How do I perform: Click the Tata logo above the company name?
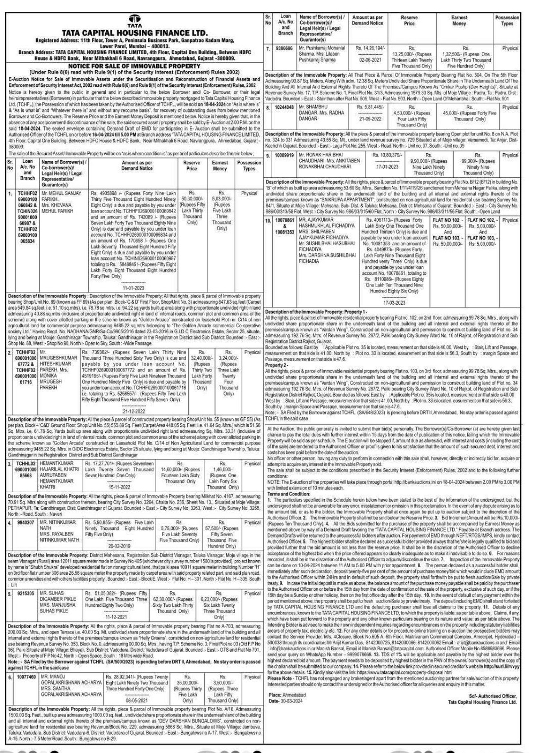pos(134,20)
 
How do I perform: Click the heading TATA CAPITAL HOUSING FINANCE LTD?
pos(134,33)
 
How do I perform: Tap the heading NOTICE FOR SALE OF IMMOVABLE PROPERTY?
pos(134,66)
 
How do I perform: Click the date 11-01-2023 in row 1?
pos(134,287)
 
